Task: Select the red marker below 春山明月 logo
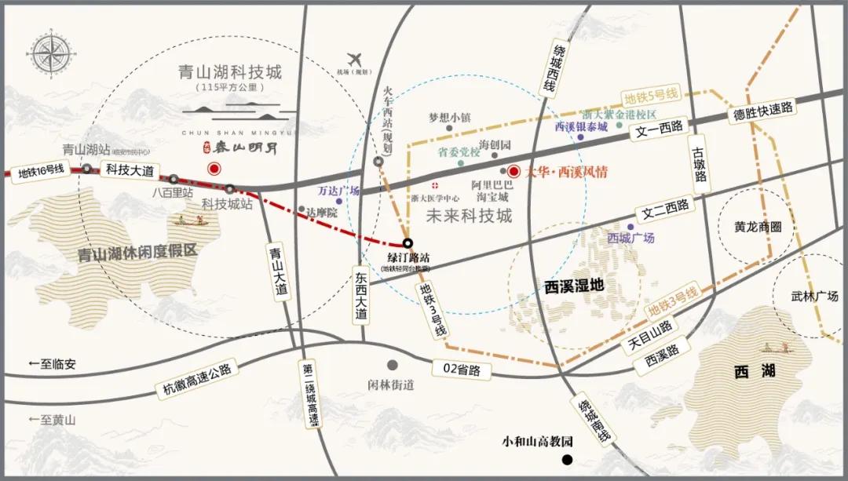[x=213, y=169]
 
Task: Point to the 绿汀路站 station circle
[x=408, y=242]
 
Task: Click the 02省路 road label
[x=460, y=370]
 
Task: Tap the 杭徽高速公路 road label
[x=196, y=382]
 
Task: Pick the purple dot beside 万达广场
[x=339, y=202]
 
